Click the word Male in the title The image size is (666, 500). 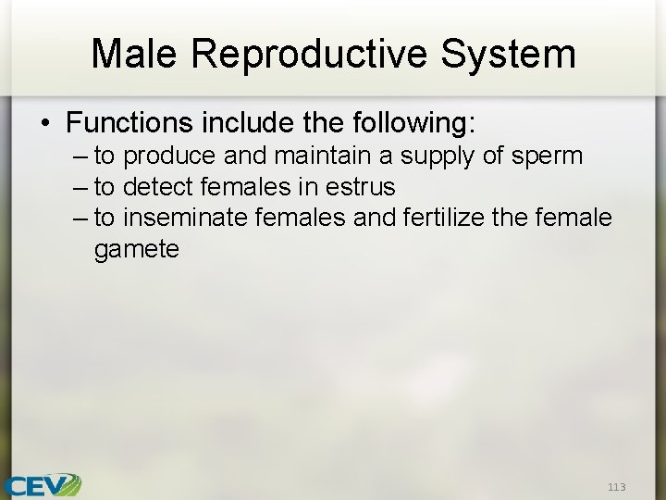click(x=137, y=54)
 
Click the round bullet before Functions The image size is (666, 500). click(x=44, y=123)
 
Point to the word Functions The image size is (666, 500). click(x=127, y=122)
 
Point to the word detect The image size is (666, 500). click(x=161, y=187)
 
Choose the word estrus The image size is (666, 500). click(x=360, y=187)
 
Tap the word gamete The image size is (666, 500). click(x=136, y=249)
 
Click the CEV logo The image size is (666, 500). click(x=42, y=484)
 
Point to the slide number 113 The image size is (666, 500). click(x=616, y=487)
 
